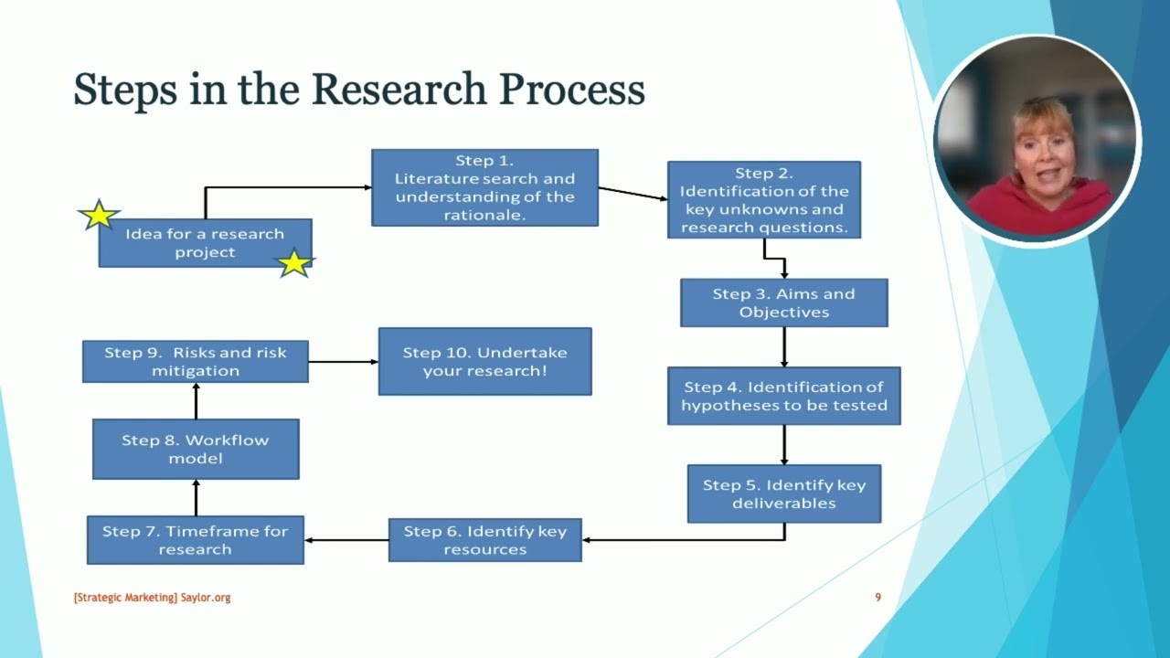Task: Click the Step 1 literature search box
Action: click(x=484, y=187)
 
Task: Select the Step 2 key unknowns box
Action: click(x=763, y=200)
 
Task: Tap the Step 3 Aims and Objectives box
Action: click(x=783, y=302)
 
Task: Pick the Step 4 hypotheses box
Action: click(x=783, y=396)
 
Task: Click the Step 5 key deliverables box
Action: click(x=783, y=493)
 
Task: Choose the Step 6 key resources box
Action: click(x=484, y=540)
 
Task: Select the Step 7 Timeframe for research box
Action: click(x=195, y=540)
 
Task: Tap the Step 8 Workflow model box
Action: click(x=195, y=449)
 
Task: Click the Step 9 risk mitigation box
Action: click(x=195, y=361)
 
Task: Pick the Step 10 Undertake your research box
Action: click(x=484, y=361)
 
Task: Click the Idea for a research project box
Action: click(x=205, y=243)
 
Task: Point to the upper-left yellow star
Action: click(x=98, y=216)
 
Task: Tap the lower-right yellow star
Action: click(x=294, y=263)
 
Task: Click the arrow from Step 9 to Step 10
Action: click(x=343, y=362)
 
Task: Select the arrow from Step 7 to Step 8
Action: click(x=196, y=497)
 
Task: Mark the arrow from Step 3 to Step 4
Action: click(x=784, y=346)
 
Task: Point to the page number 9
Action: click(x=877, y=598)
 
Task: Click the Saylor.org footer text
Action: click(x=206, y=598)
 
